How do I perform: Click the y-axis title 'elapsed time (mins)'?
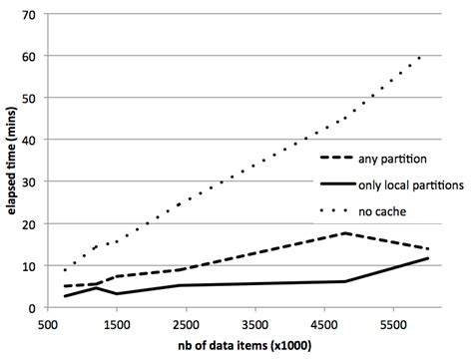(11, 160)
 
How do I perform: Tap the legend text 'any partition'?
(394, 158)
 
